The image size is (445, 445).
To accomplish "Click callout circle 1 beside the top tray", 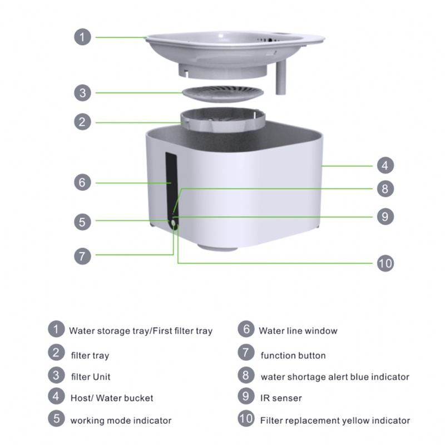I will [82, 37].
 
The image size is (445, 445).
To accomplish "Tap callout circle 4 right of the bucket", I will [385, 165].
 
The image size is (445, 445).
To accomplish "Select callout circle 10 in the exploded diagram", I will [385, 263].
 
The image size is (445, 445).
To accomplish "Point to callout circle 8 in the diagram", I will [385, 189].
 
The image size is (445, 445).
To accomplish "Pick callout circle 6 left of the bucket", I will [82, 182].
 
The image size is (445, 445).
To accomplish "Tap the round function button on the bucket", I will [175, 223].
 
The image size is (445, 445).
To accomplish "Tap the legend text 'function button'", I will [293, 355].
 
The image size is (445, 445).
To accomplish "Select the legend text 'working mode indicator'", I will [121, 421].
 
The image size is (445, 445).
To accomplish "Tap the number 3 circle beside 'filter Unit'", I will [56, 375].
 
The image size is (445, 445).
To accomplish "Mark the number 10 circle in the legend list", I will [245, 419].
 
